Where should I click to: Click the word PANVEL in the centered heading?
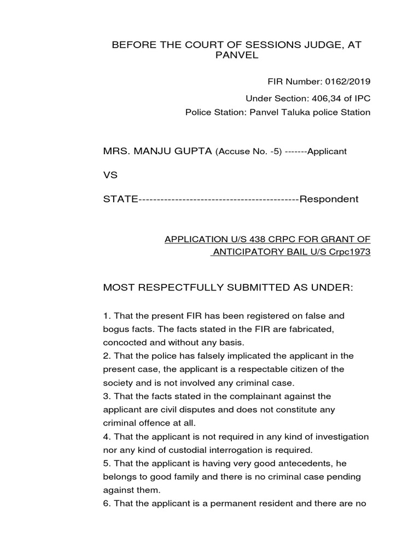tap(236, 56)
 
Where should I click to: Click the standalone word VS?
tap(110, 175)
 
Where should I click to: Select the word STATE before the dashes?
tap(120, 199)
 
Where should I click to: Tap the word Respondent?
tap(329, 199)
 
